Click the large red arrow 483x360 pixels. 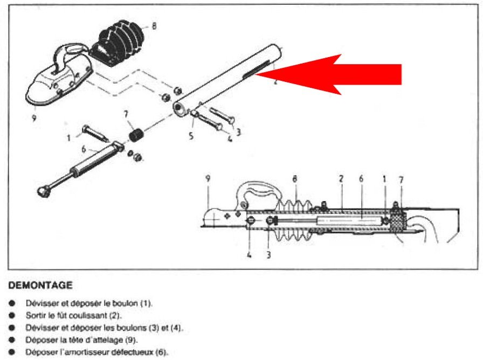point(345,74)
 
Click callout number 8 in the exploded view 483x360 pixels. point(154,25)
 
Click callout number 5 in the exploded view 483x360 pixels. point(191,136)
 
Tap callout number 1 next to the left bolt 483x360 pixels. point(69,138)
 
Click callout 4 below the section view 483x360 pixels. point(249,255)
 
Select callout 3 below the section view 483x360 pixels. point(268,255)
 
